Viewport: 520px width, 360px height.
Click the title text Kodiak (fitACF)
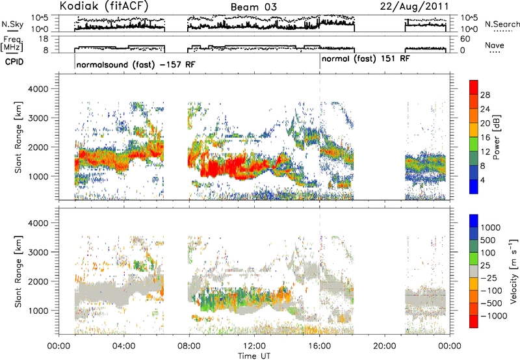(104, 6)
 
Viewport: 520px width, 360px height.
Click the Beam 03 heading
(253, 7)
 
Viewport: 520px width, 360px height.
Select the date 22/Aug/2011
(414, 6)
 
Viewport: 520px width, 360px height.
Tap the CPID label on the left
(14, 62)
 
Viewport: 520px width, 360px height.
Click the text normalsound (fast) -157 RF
(136, 64)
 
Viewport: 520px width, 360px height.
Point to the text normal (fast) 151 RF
(366, 59)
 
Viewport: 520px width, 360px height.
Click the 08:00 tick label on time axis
(189, 346)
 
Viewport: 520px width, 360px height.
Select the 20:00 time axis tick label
(384, 346)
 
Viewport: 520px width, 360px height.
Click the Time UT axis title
(254, 356)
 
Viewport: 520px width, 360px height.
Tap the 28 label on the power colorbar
(485, 95)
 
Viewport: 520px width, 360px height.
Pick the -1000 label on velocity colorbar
(494, 316)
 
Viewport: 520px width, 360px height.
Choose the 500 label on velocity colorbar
(488, 240)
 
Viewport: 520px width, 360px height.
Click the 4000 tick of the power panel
(38, 89)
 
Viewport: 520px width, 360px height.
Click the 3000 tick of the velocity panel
(38, 252)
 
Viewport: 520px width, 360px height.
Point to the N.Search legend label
(502, 24)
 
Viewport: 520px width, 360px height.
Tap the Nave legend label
(495, 45)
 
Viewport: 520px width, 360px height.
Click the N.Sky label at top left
(12, 24)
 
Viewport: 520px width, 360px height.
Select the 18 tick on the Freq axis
(44, 39)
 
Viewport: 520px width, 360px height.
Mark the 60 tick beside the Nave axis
(465, 39)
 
